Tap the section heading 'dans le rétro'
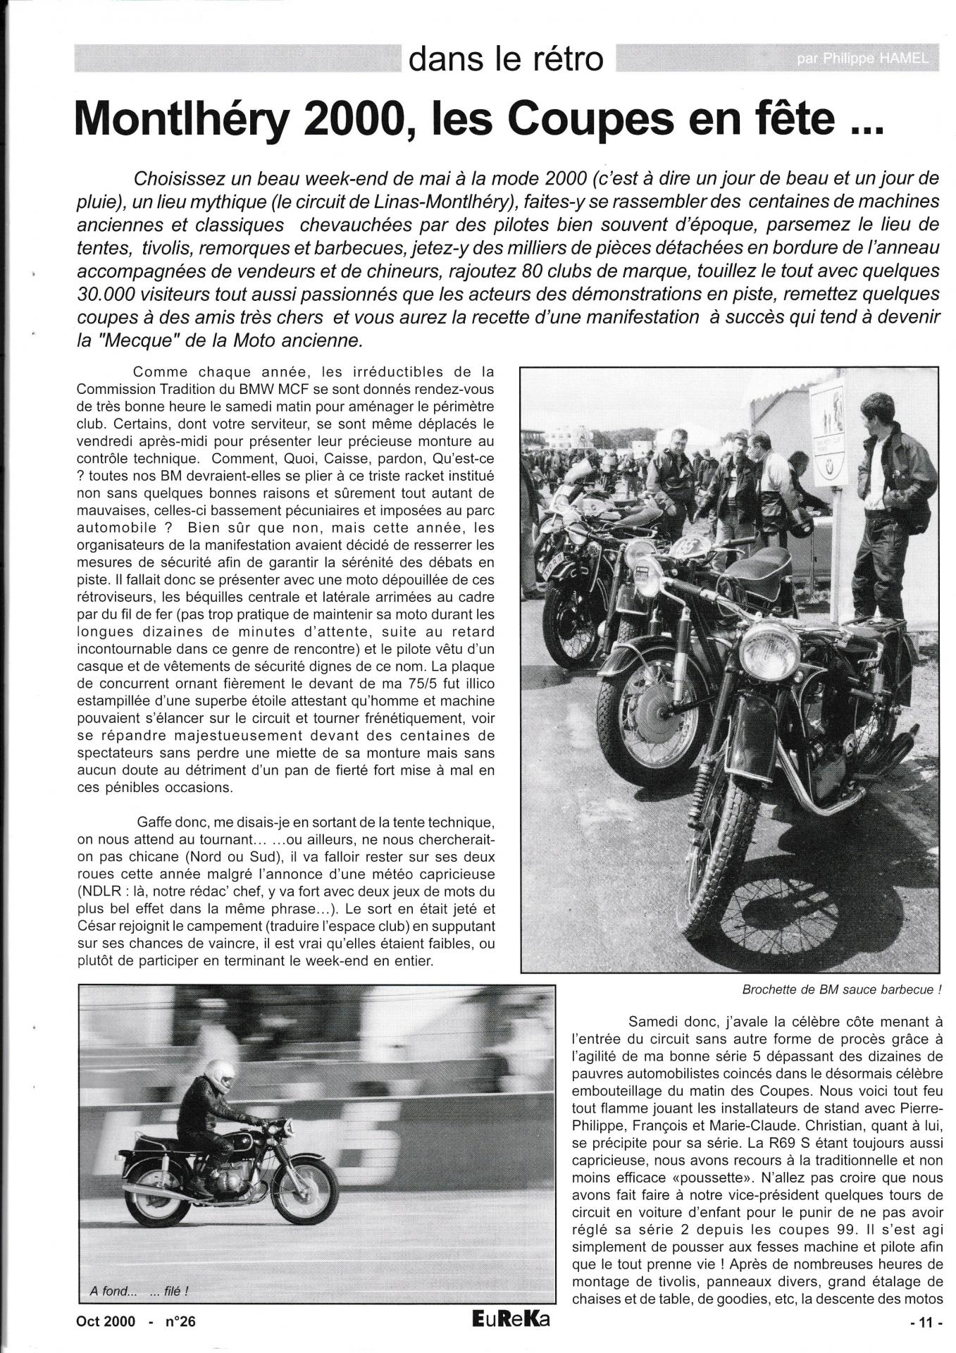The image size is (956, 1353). (506, 60)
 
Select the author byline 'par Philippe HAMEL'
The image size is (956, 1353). (862, 61)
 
